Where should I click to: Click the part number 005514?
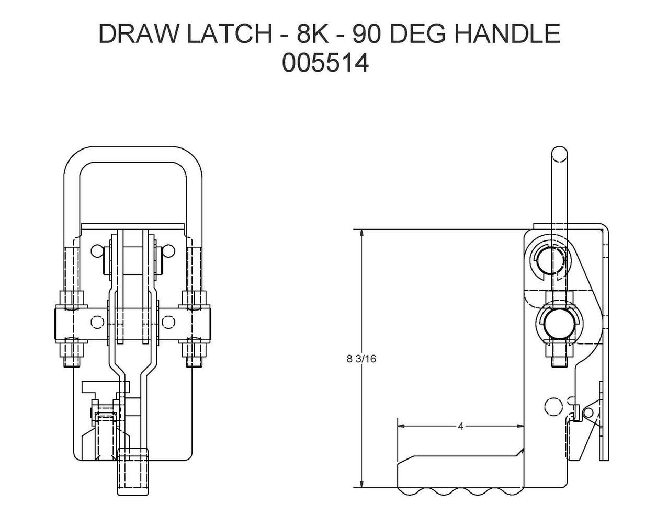click(325, 64)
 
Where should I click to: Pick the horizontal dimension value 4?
click(460, 426)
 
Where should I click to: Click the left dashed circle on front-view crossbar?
click(97, 322)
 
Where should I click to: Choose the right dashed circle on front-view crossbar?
click(168, 322)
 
